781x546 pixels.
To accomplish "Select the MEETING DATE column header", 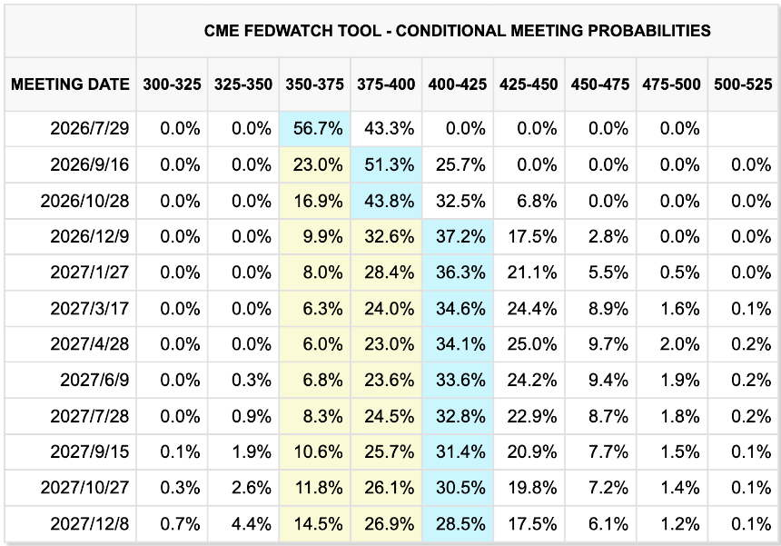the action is click(70, 84).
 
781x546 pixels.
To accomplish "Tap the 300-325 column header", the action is click(172, 84).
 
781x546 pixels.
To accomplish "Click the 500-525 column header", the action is click(743, 84).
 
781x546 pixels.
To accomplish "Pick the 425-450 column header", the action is click(529, 84).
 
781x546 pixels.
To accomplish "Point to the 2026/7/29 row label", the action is click(90, 128).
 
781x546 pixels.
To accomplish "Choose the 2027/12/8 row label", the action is click(90, 524).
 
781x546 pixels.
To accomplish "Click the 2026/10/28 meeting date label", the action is click(84, 201).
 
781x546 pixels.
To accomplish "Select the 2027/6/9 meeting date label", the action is click(94, 380).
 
